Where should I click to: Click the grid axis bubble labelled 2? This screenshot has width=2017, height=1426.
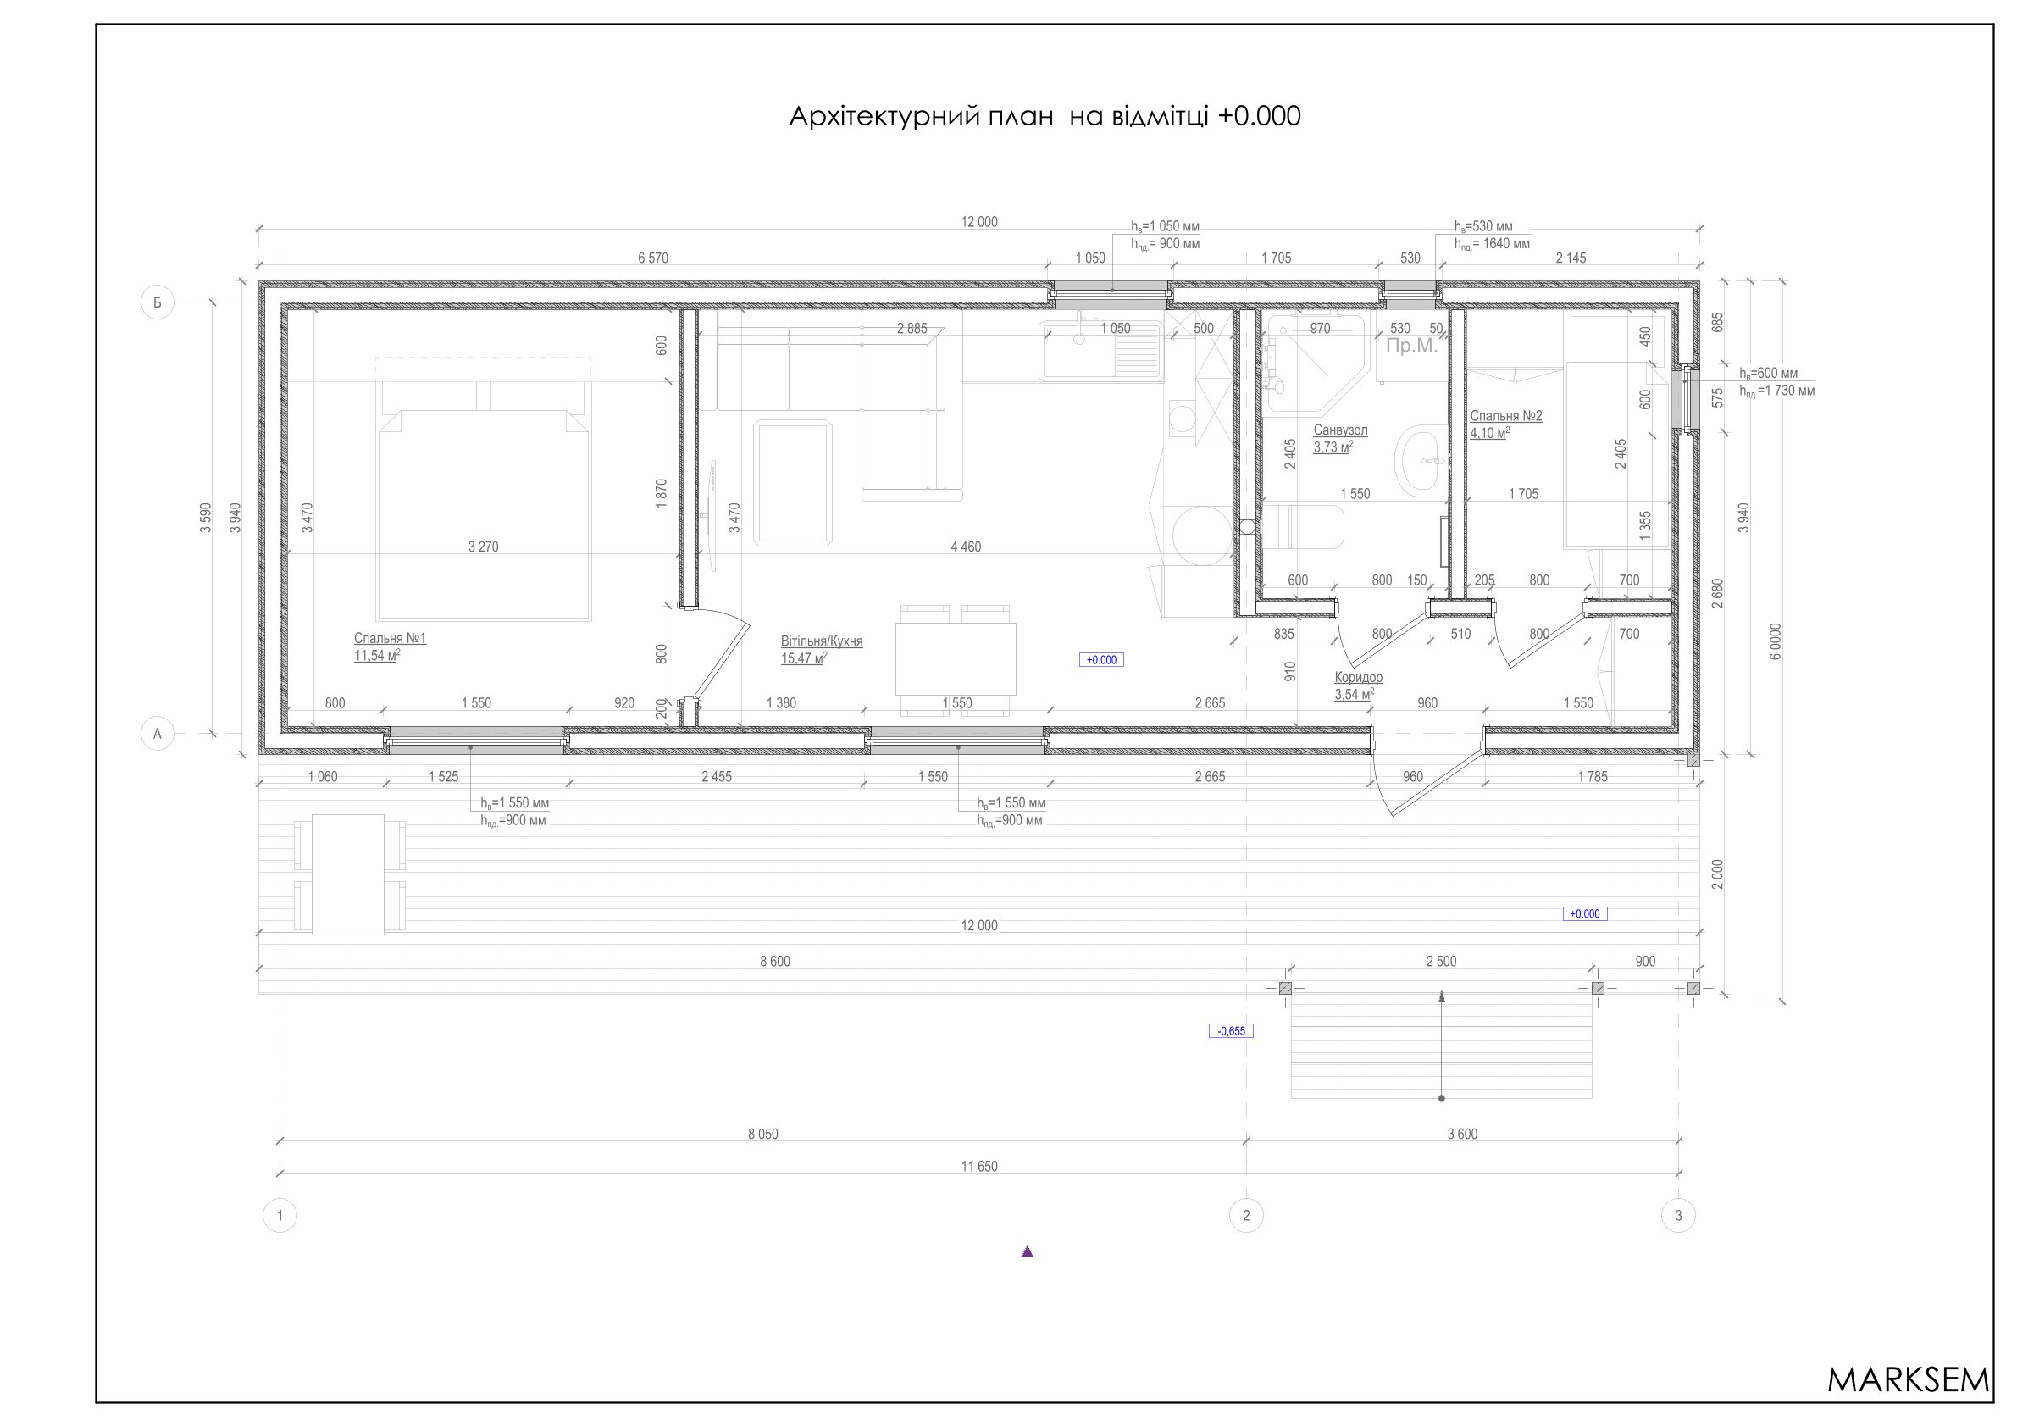coord(1245,1216)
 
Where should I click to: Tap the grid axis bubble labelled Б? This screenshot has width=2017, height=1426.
coord(158,303)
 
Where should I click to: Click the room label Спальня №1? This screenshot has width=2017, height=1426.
coord(390,639)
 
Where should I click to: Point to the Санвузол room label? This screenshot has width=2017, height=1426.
coord(1340,430)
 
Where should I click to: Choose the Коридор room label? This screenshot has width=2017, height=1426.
coord(1358,678)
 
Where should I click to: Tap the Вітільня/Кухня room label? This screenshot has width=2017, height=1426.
coord(822,641)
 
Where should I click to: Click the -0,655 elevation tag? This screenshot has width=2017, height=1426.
coord(1231,1030)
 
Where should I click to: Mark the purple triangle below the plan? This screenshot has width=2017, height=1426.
coord(1027,1252)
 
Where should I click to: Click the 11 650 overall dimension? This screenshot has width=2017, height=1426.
coord(979,1167)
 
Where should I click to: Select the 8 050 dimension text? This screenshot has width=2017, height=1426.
coord(762,1135)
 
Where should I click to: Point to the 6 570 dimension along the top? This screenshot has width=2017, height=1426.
coord(653,258)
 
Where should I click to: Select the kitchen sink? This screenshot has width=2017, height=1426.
coord(1101,352)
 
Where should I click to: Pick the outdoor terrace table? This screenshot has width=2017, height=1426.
coord(348,875)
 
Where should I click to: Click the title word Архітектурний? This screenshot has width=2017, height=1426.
coord(921,117)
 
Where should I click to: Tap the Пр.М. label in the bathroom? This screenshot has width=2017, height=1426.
coord(1410,347)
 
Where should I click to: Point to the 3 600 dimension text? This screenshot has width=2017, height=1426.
coord(1462,1135)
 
